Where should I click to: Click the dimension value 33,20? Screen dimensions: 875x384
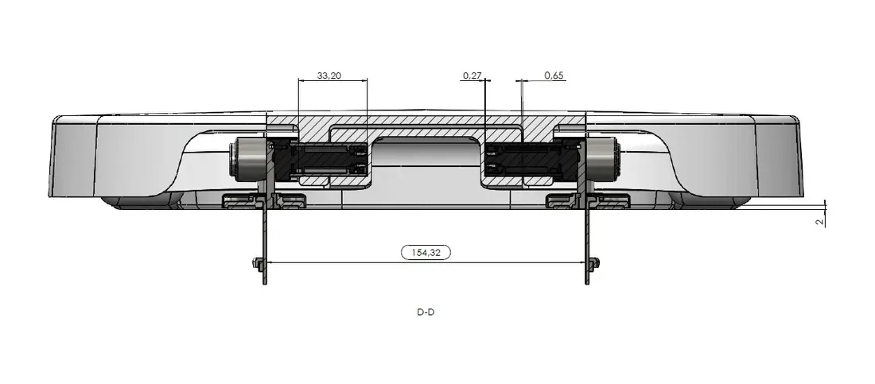tap(329, 76)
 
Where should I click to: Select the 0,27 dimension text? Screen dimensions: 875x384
tap(472, 76)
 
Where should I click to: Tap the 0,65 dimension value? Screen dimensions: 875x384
tap(554, 76)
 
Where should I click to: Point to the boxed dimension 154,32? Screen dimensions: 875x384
tap(426, 252)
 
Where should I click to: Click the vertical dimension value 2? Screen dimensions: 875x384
tap(819, 222)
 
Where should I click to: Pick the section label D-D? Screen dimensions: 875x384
tap(426, 312)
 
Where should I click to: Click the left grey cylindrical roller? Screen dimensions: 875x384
tap(247, 160)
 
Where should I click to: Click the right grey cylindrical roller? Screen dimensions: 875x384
tap(604, 160)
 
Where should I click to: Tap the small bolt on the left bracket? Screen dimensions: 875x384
tap(258, 262)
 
